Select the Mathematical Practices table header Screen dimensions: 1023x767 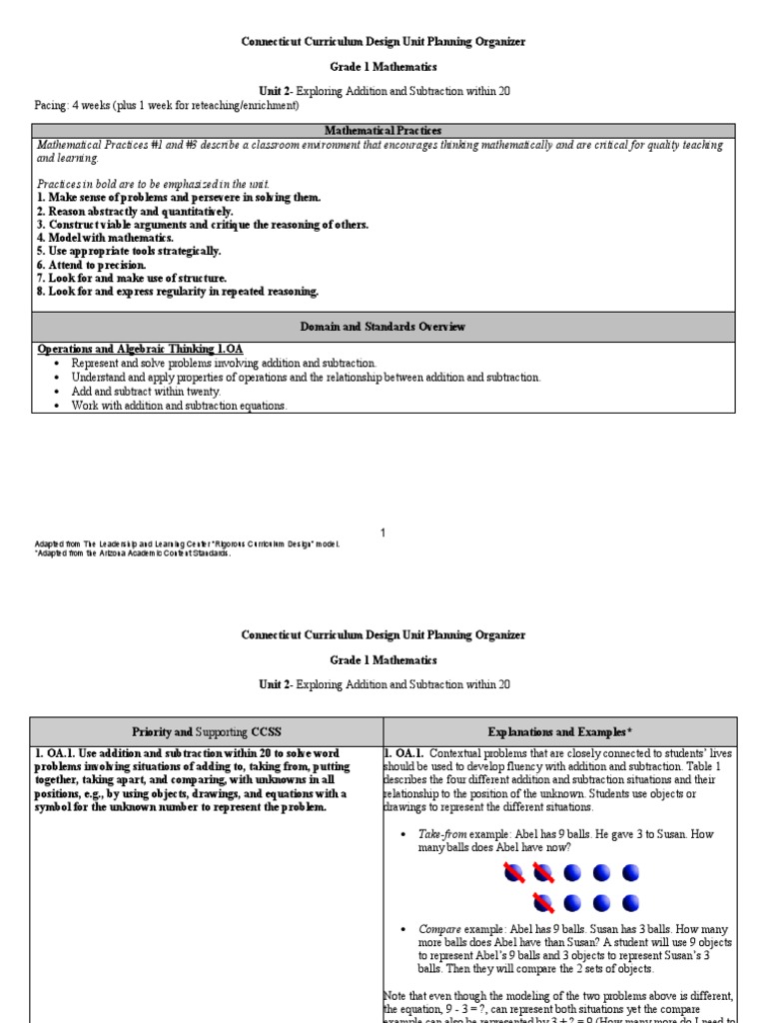click(x=383, y=131)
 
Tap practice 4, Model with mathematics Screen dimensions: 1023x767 click(x=105, y=238)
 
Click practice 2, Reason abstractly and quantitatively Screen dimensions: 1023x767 click(x=135, y=212)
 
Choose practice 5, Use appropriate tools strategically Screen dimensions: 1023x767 click(x=129, y=252)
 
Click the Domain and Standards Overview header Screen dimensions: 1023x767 click(x=383, y=327)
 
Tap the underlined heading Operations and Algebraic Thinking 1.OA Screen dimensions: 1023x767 click(x=140, y=349)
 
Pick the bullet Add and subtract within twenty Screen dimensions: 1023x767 click(x=145, y=392)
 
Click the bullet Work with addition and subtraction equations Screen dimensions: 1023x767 click(x=179, y=406)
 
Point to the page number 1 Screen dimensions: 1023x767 click(x=383, y=533)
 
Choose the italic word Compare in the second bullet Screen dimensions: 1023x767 click(x=439, y=928)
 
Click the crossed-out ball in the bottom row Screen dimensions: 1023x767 click(x=543, y=903)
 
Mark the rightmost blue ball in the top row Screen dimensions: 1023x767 click(x=630, y=873)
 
